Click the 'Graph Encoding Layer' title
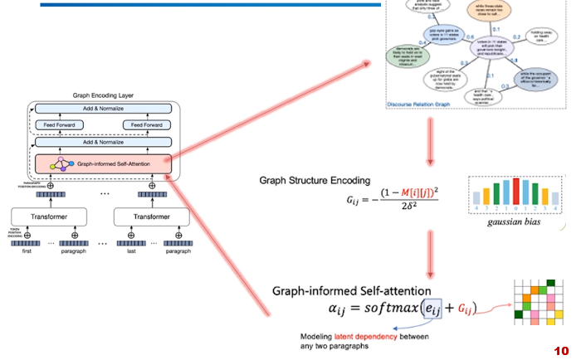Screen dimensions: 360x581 [103, 95]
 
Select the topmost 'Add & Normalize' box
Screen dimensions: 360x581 [103, 109]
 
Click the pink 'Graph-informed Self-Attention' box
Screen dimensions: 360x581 [104, 163]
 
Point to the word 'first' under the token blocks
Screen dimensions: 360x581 [31, 250]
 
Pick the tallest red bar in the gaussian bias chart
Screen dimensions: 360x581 [516, 190]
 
